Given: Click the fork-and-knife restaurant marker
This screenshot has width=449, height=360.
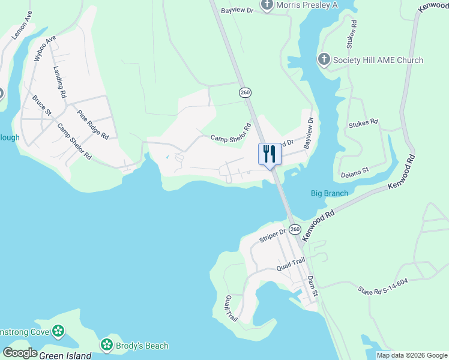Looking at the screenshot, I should [x=268, y=154].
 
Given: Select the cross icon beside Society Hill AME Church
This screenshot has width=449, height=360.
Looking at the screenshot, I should [x=324, y=59].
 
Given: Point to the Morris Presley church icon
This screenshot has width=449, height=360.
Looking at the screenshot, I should [x=267, y=5].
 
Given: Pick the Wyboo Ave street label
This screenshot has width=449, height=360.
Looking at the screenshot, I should [x=45, y=47].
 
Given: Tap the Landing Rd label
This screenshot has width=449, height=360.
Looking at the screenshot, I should [x=59, y=82].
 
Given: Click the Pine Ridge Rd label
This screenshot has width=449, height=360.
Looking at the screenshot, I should [x=92, y=124].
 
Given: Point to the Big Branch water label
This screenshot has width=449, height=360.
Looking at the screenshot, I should [x=329, y=193].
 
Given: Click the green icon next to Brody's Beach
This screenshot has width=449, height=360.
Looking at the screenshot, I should [x=106, y=345].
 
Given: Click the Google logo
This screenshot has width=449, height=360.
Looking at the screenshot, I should [x=20, y=353].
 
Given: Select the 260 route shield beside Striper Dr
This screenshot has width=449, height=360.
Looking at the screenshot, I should [x=294, y=229].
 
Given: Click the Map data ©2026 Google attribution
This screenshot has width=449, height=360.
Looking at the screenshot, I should [x=412, y=355].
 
